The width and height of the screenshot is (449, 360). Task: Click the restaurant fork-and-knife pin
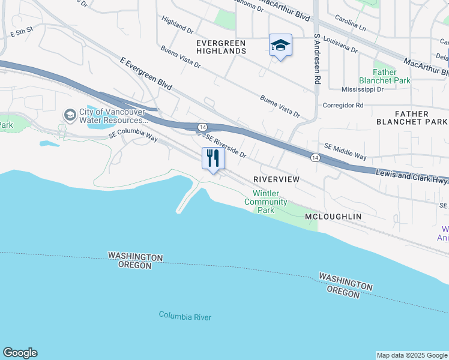coord(213,159)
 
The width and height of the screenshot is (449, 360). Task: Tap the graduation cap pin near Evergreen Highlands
coord(280,46)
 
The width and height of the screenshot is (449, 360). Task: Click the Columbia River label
coord(185,316)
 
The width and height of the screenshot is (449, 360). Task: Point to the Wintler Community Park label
coord(266,202)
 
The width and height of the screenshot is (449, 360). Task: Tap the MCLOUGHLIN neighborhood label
coord(333,216)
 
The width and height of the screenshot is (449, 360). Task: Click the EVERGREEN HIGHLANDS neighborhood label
coord(221,47)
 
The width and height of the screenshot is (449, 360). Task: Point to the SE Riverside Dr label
coord(226,145)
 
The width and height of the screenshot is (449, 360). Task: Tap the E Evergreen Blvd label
coord(146,74)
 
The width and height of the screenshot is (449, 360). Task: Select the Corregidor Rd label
coord(343,105)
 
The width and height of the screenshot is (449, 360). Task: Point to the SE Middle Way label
coord(345,151)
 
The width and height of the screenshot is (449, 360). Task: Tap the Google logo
coord(20,353)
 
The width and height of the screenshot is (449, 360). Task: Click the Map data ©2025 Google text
coord(412,355)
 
